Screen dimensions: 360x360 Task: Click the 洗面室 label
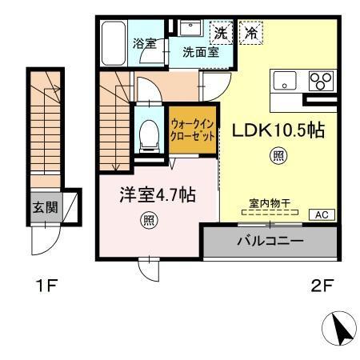coord(200,54)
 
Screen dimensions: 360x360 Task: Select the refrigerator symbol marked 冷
coord(250,34)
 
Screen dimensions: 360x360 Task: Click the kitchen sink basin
coord(286,82)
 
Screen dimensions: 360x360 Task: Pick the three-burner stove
coord(320,82)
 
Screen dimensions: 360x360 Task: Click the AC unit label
coord(321,214)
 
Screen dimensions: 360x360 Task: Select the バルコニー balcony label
coord(269,240)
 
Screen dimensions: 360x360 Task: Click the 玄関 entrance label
coord(44,207)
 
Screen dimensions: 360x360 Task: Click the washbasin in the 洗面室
coord(191,30)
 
